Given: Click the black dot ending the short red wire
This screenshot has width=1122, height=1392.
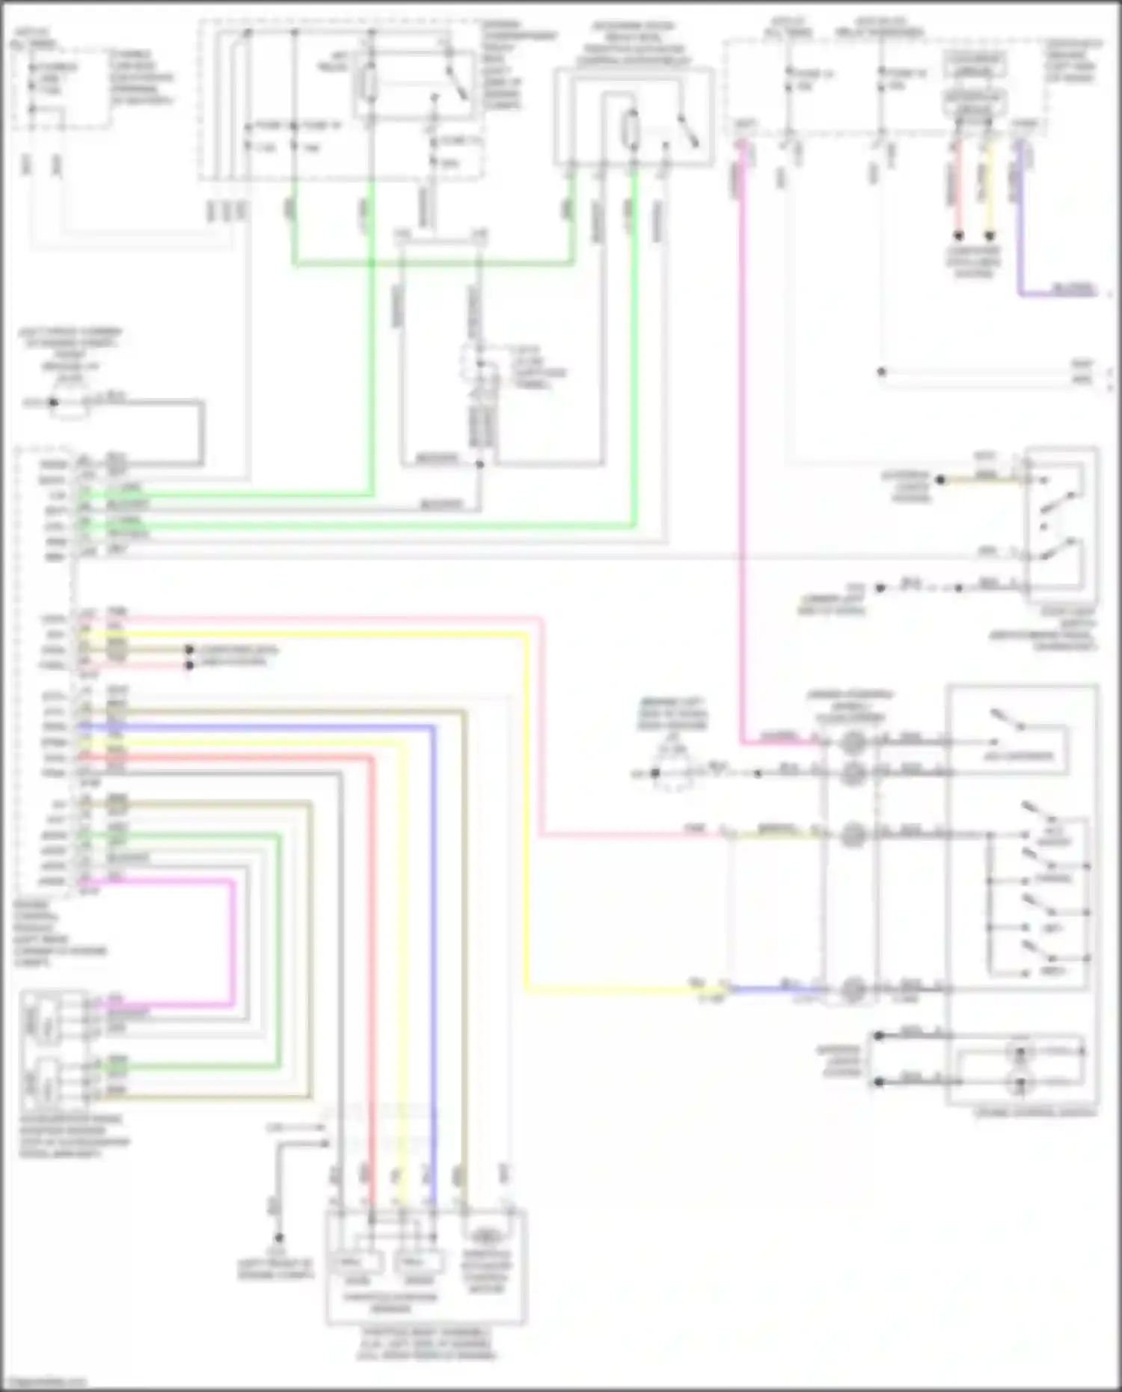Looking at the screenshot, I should (958, 236).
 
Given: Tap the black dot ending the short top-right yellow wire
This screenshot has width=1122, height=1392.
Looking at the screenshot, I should (989, 236).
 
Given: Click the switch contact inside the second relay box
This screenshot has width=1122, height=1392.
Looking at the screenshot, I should (687, 131).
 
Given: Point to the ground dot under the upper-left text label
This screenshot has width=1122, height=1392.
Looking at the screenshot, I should (53, 402).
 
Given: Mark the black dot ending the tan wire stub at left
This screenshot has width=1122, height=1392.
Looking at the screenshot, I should (190, 650).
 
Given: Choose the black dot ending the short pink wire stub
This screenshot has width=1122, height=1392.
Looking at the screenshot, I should (190, 665).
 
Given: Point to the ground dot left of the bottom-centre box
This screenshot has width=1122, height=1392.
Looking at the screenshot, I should (278, 1238).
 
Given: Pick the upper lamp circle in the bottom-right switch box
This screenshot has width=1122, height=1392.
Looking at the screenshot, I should (1019, 1052).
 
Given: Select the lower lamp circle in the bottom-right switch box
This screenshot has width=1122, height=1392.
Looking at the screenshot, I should (1019, 1082).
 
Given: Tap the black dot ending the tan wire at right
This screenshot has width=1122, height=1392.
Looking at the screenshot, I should (941, 479).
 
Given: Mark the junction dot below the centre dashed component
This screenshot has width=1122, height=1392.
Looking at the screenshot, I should (480, 464).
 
